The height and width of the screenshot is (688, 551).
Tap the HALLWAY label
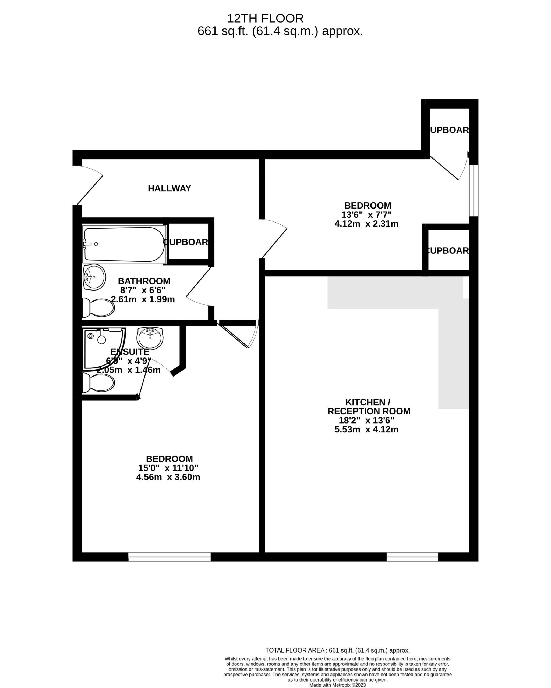point(169,188)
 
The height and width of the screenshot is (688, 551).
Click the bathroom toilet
point(98,308)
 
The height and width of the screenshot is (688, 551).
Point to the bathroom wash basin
point(94,277)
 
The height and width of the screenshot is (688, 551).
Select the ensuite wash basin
point(150,338)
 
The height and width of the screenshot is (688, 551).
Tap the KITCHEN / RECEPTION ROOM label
point(369,407)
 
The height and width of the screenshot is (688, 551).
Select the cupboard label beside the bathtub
point(186,242)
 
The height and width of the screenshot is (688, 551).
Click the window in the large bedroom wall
point(169,557)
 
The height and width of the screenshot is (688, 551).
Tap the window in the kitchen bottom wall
point(412,557)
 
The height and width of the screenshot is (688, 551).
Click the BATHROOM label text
point(144,281)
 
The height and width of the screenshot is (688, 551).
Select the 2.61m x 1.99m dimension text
point(143,299)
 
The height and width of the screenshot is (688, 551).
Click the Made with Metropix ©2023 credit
point(337,685)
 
